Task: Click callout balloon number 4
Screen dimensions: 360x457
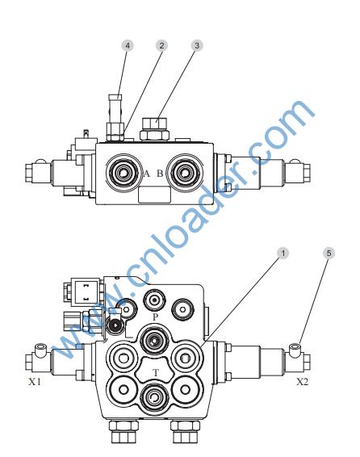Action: click(128, 45)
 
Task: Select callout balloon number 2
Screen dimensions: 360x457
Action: click(161, 45)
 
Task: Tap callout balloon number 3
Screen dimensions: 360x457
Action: click(197, 45)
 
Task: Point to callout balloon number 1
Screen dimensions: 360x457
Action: click(283, 254)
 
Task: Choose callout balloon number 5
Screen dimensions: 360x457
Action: click(329, 254)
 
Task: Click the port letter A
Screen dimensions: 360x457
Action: click(147, 174)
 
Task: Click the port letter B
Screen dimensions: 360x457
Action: click(160, 174)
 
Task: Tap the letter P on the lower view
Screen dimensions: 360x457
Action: click(155, 317)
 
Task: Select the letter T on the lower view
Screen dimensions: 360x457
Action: click(156, 372)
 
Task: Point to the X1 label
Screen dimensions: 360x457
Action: click(35, 382)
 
